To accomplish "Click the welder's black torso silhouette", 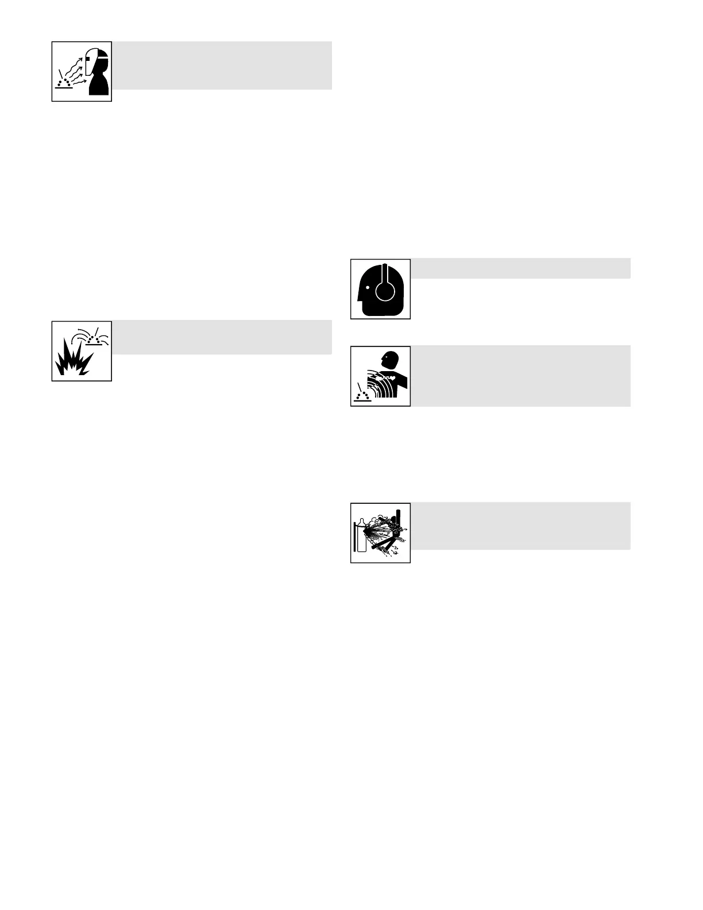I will tap(100, 86).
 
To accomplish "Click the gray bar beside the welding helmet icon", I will tap(222, 65).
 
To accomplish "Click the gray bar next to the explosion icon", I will tap(222, 337).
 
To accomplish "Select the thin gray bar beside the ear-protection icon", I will tap(520, 268).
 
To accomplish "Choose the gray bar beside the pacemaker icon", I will tap(520, 376).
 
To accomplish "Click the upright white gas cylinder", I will tap(361, 538).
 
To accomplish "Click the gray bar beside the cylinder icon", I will tap(520, 525).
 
